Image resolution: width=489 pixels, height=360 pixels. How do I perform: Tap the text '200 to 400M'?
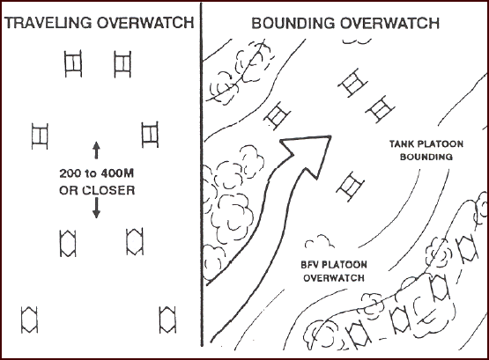[x=97, y=173]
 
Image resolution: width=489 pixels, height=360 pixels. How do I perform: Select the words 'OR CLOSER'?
[x=97, y=190]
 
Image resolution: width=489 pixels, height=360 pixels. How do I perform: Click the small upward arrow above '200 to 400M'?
[x=96, y=151]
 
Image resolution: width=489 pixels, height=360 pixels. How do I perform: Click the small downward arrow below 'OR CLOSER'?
[x=96, y=208]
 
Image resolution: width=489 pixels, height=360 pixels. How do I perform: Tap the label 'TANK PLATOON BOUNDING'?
[x=426, y=151]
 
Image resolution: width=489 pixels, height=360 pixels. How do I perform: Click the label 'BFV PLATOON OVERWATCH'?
[x=334, y=271]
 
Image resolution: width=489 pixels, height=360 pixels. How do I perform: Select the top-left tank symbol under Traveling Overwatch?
[x=73, y=63]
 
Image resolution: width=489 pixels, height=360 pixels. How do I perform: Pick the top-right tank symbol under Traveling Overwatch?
[x=122, y=64]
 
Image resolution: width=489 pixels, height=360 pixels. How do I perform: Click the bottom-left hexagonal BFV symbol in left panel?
[x=29, y=320]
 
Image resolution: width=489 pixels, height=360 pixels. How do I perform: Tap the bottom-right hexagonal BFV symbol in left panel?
[x=167, y=320]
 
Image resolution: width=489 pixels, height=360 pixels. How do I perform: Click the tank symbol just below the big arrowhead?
[x=350, y=187]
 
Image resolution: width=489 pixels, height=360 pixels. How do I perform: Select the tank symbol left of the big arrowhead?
[x=278, y=115]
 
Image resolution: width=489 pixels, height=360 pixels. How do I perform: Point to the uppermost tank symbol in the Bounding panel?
[x=352, y=83]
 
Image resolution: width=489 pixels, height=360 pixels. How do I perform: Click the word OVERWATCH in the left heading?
[x=145, y=23]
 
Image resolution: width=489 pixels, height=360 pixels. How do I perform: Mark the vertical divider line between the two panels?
[x=202, y=174]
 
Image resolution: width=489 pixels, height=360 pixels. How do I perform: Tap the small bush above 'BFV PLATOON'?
[x=319, y=241]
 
